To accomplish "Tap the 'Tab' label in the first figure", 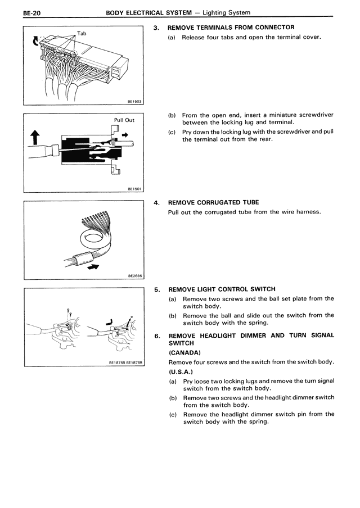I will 82,33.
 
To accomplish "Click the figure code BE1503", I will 134,101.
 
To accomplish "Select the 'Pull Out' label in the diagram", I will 124,120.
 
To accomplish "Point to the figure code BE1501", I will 134,189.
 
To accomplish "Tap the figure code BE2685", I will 134,276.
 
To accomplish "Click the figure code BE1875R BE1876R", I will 127,363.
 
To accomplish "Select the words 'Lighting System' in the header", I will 226,12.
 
